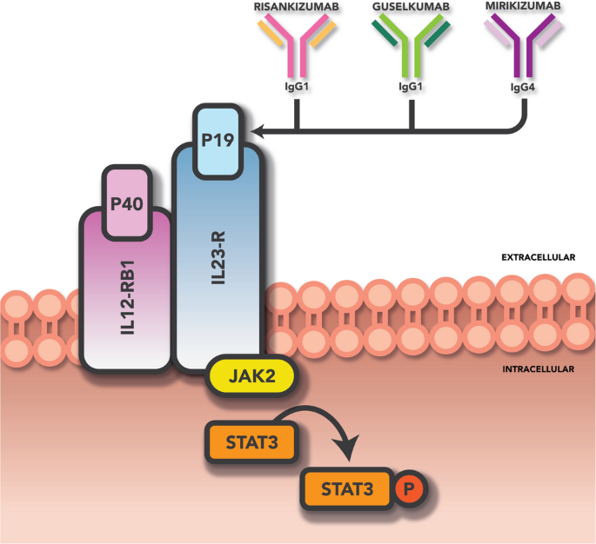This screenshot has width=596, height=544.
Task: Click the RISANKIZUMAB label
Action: (297, 7)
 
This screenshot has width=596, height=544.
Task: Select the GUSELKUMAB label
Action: (411, 7)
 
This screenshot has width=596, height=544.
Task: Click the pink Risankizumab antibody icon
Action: (297, 47)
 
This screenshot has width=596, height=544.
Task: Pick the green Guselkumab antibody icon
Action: (411, 47)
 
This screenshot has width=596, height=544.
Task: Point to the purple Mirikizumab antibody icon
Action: (526, 47)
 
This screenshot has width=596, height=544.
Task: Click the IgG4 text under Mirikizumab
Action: (526, 88)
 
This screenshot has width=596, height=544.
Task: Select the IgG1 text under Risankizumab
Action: (297, 88)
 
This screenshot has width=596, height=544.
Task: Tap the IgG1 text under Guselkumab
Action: (411, 88)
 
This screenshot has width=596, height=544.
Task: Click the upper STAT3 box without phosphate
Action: (250, 441)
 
